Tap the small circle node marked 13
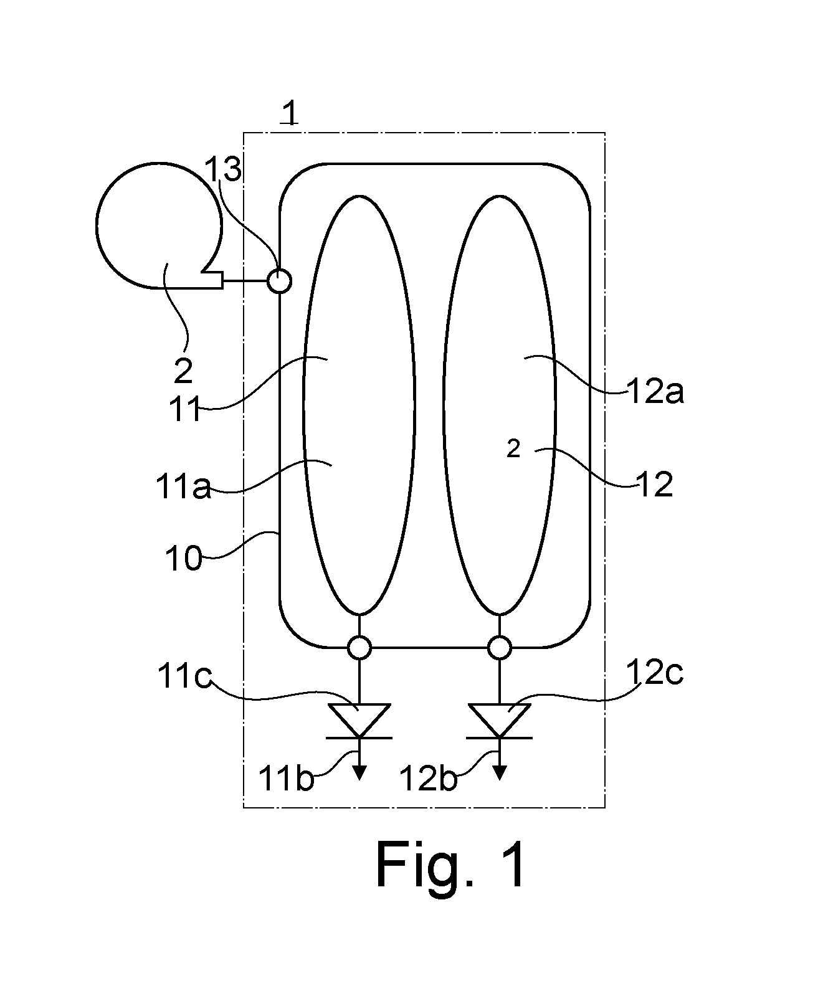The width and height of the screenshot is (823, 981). (280, 282)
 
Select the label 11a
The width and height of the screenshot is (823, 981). (183, 486)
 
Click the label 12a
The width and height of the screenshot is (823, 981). (655, 391)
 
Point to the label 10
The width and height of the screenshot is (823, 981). (183, 559)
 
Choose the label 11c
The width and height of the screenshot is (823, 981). (184, 676)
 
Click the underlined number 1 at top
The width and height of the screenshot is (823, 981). (290, 113)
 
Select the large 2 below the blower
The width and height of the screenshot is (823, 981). (183, 371)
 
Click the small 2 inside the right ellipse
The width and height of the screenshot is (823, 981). (514, 449)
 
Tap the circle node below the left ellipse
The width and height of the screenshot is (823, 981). (359, 648)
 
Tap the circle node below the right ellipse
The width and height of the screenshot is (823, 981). (500, 648)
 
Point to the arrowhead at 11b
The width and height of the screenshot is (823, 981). (359, 773)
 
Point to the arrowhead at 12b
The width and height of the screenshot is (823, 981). (500, 773)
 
